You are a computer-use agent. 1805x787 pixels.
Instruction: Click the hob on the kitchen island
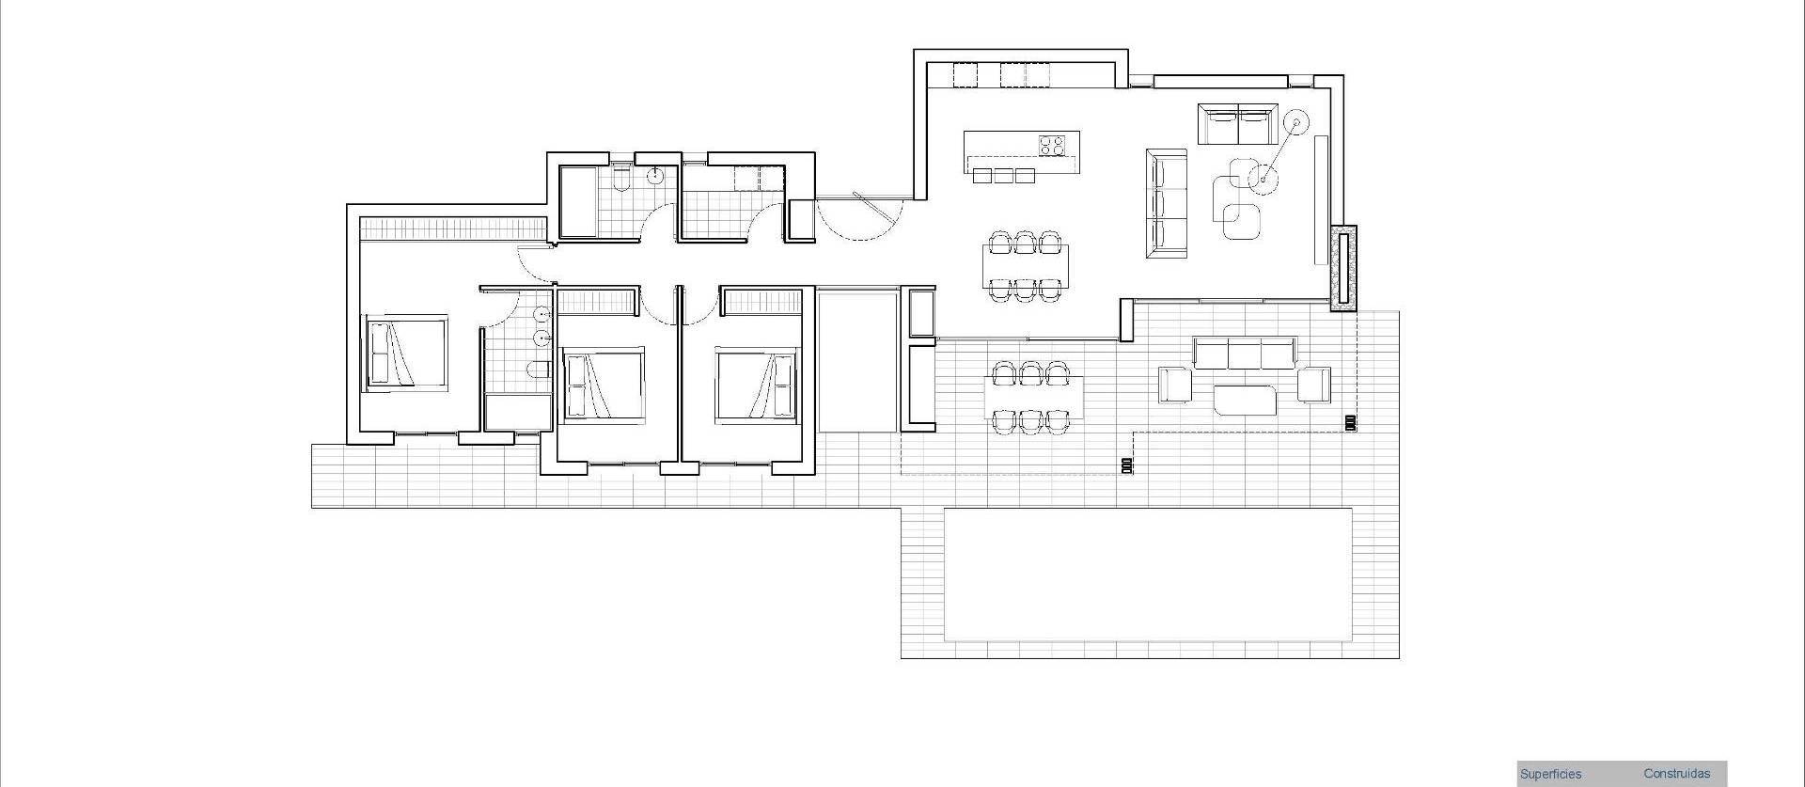coord(1052,146)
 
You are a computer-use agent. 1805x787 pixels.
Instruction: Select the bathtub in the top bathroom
coord(578,202)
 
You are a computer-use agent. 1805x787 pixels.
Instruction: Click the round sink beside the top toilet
coord(655,175)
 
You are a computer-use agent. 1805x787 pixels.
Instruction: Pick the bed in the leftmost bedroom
coord(405,353)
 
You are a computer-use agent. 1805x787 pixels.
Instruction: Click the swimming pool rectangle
coord(1148,574)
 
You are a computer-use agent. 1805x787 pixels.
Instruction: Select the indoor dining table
coord(1025,266)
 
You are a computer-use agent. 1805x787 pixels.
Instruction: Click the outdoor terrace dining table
coord(1032,398)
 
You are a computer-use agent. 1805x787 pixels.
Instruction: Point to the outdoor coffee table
coord(1245,400)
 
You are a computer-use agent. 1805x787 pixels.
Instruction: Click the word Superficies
coord(1550,775)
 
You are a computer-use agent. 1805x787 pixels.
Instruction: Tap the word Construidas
coord(1676,774)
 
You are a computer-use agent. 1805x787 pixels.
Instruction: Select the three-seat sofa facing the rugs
coord(1167,203)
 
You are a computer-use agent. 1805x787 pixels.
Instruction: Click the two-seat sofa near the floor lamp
coord(1236,125)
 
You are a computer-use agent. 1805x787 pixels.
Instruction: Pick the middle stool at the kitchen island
coord(1004,176)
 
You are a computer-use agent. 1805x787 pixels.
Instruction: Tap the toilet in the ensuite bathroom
coord(539,370)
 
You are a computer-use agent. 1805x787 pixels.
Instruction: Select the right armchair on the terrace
coord(1314,384)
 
